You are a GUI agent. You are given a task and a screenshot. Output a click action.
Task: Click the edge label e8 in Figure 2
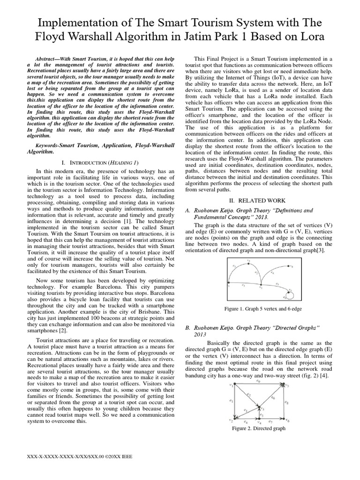[x=287, y=402]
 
